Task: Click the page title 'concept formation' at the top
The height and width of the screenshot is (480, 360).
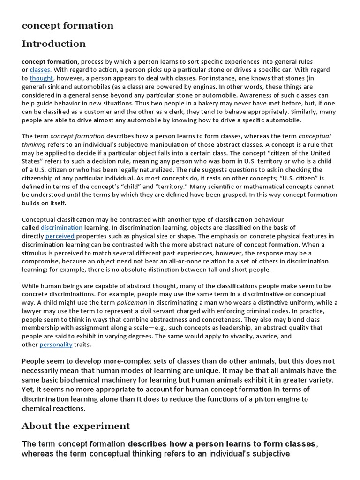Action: [67, 25]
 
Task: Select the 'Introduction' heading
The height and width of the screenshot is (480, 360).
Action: [53, 44]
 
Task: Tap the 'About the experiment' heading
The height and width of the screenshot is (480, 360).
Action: [75, 426]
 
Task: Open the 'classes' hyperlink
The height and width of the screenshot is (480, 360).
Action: [39, 70]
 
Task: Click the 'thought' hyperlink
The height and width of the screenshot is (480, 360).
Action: [41, 78]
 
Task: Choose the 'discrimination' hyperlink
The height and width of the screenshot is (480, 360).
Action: [61, 227]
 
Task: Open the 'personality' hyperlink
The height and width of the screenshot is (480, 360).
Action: [56, 345]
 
